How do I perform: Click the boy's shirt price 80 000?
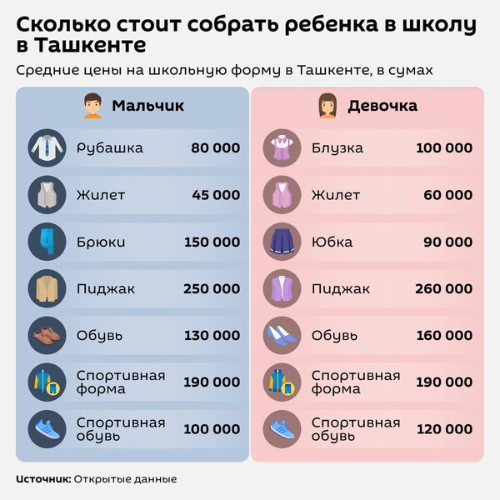pos(215,148)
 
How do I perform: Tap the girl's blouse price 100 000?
pos(443,148)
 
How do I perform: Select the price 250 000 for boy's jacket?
pos(212,289)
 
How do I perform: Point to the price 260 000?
pos(443,289)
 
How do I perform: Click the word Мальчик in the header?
pos(147,106)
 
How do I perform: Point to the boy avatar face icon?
pos(92,106)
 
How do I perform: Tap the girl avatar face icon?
pos(325,106)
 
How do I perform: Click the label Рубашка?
pos(110,148)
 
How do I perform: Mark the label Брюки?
pos(101,242)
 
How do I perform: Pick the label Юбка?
pos(332,242)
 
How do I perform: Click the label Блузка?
pos(337,148)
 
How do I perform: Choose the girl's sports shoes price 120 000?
pos(443,429)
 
